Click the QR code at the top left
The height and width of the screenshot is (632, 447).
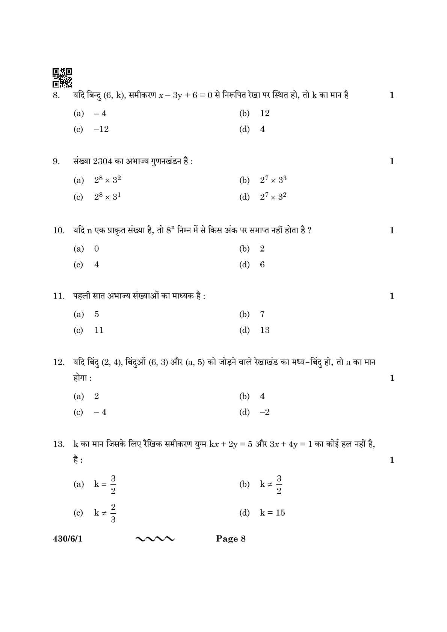click(x=62, y=78)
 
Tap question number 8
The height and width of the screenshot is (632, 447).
click(x=56, y=95)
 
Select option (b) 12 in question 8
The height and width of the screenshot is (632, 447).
click(x=254, y=113)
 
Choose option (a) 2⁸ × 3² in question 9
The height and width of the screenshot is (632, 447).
click(x=97, y=180)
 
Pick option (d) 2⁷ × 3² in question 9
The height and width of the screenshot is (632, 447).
click(x=263, y=196)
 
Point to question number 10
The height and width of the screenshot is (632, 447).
click(x=58, y=231)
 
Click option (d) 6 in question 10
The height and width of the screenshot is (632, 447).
click(x=252, y=265)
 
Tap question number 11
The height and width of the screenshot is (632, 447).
click(x=58, y=296)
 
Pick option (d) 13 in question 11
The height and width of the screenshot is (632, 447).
click(x=254, y=330)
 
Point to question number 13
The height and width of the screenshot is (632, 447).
click(x=58, y=445)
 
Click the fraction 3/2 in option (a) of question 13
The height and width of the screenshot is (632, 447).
click(x=113, y=484)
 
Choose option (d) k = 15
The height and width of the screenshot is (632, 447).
click(x=262, y=513)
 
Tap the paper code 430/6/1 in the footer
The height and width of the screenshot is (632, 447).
click(x=67, y=539)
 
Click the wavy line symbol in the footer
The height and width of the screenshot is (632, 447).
click(x=154, y=539)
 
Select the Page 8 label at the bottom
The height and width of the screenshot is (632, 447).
click(x=231, y=539)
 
